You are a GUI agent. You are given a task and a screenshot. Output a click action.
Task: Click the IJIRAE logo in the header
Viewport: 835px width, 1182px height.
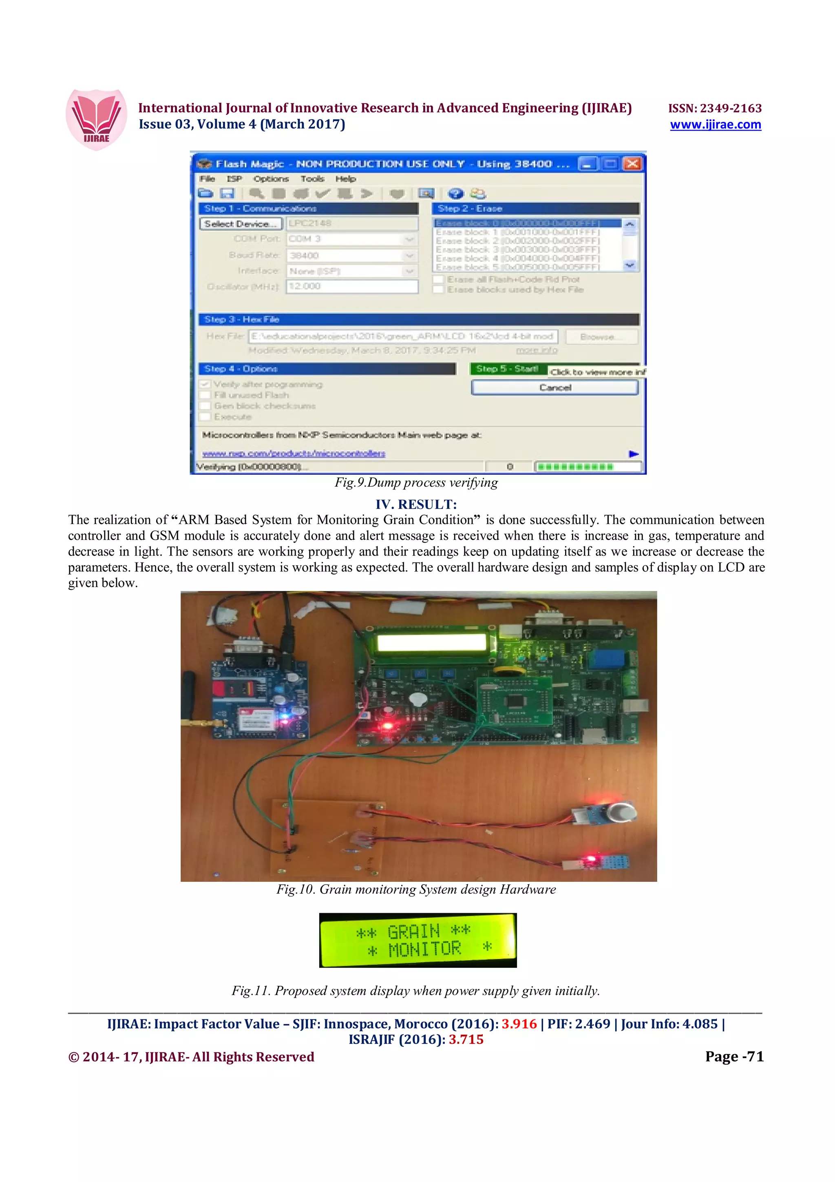(96, 120)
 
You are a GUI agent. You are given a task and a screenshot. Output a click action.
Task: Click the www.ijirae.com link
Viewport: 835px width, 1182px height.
(715, 124)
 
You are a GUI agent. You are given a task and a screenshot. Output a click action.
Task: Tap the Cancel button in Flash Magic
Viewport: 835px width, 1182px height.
(554, 387)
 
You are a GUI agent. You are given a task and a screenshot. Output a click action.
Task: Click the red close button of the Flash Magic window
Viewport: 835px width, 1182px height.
(632, 164)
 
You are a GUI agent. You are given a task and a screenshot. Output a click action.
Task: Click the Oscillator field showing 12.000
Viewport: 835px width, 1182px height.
(352, 286)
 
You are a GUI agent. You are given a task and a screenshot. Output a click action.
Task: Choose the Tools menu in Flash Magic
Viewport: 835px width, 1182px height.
(312, 179)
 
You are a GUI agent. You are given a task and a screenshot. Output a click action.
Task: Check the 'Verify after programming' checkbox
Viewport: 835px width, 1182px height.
(205, 384)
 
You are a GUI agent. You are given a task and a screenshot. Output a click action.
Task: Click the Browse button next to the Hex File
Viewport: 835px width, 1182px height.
(601, 336)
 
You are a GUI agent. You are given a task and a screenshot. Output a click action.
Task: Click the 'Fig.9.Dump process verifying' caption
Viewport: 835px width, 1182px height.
(416, 483)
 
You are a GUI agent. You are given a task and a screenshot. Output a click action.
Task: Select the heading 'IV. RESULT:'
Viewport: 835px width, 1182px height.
(416, 504)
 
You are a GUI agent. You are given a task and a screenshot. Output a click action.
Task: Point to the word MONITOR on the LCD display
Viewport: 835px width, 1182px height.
(424, 949)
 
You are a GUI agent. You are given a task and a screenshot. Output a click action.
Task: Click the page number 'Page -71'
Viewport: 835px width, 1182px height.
(734, 1056)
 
